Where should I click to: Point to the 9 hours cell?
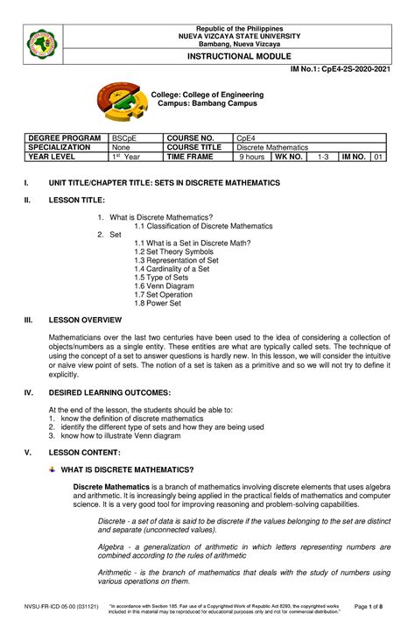tap(252, 157)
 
